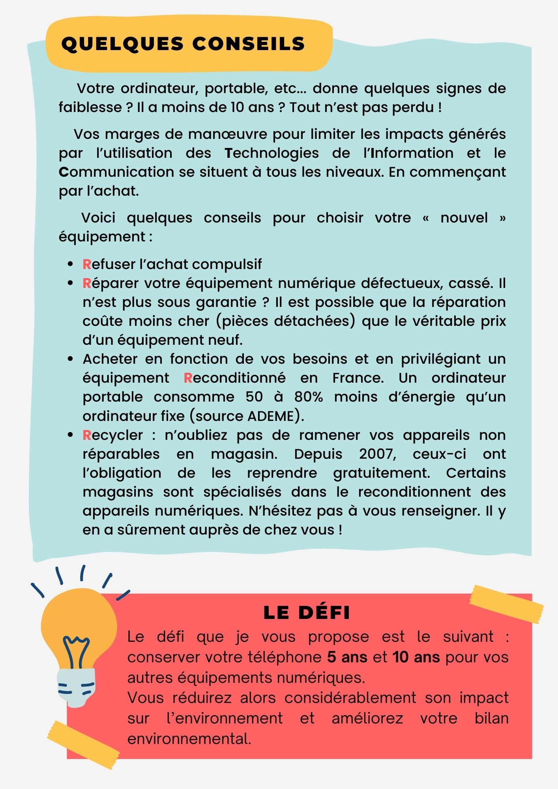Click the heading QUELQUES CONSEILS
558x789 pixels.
click(x=184, y=44)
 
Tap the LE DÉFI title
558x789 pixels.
click(x=307, y=613)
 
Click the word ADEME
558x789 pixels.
click(x=271, y=416)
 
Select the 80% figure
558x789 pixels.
click(x=309, y=397)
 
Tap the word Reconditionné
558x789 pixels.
click(x=235, y=378)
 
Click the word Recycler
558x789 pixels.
click(x=113, y=435)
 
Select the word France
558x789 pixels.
click(x=358, y=378)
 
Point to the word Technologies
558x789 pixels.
click(x=272, y=153)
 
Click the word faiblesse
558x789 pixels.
click(x=90, y=107)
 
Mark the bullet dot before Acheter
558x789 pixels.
click(x=71, y=359)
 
